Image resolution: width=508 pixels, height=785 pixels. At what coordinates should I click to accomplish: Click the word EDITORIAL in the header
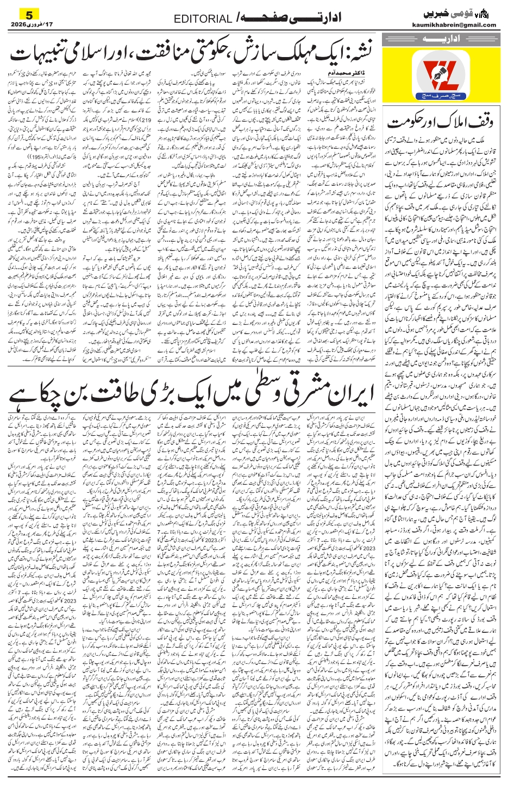click(x=203, y=20)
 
